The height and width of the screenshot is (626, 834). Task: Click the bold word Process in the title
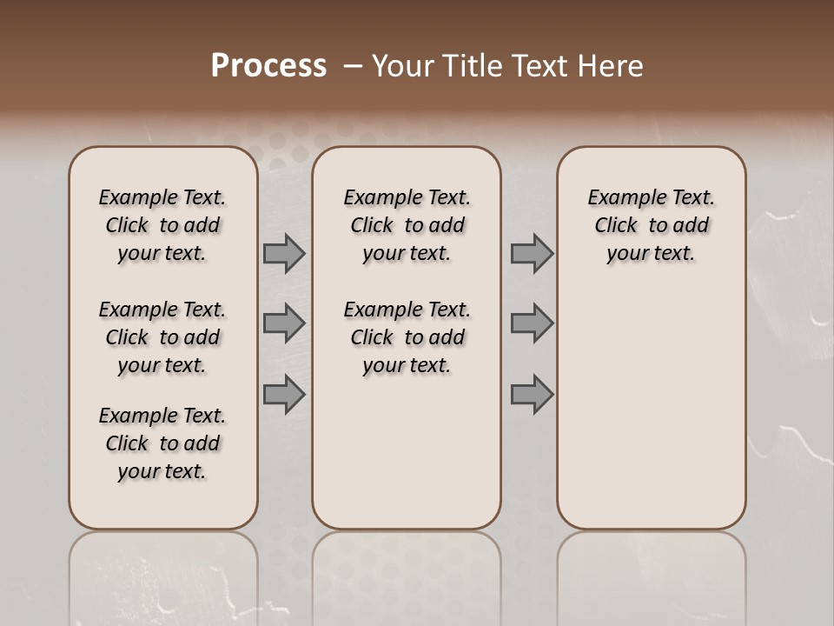point(268,66)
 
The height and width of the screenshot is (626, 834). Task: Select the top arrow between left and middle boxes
point(284,254)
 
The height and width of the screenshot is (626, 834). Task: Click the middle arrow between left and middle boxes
point(284,323)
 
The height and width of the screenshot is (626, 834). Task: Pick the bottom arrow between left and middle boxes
point(284,395)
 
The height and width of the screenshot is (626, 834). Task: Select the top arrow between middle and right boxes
point(532,254)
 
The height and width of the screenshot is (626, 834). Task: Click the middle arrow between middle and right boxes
point(532,323)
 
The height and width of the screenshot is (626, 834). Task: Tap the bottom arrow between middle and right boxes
point(532,395)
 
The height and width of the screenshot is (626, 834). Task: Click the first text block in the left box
point(162,225)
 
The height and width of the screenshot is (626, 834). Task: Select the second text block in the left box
point(162,337)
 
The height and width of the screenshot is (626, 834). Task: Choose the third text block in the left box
point(162,443)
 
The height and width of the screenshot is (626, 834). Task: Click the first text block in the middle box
point(407,225)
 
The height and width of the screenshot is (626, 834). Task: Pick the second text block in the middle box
point(407,337)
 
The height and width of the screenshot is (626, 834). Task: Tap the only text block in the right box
point(651,225)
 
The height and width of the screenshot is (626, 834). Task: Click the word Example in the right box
point(622,198)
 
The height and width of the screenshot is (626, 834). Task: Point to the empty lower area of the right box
point(651,409)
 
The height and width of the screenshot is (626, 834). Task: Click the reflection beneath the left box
point(162,574)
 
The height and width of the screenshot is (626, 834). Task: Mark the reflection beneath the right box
point(651,574)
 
